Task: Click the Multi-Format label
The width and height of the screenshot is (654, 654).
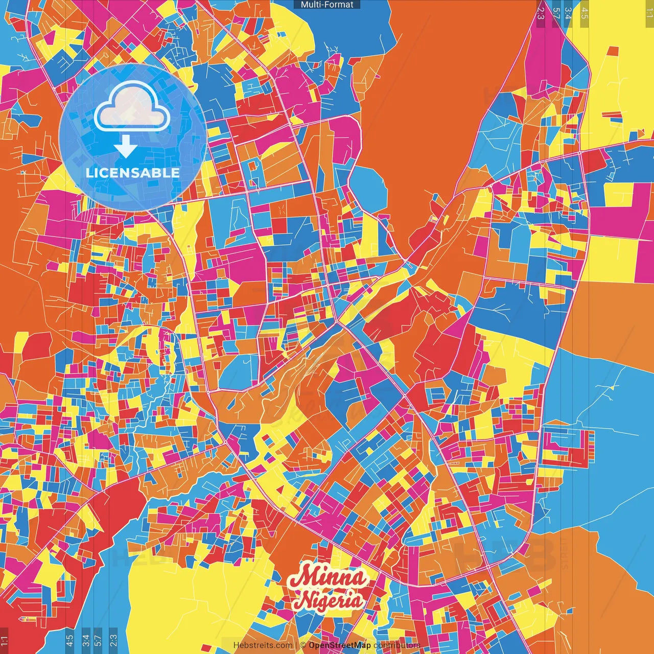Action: pyautogui.click(x=327, y=5)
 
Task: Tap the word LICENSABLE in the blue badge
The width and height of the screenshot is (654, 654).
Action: pyautogui.click(x=132, y=173)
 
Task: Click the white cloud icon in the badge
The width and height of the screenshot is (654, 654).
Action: pyautogui.click(x=132, y=108)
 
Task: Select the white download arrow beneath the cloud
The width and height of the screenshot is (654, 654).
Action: pyautogui.click(x=125, y=147)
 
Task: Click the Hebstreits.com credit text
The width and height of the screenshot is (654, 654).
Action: pyautogui.click(x=263, y=645)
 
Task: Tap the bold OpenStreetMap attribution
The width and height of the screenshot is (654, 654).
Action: pyautogui.click(x=340, y=645)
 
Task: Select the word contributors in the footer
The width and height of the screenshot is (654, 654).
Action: pyautogui.click(x=397, y=645)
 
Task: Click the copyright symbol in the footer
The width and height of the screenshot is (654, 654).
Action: pyautogui.click(x=303, y=645)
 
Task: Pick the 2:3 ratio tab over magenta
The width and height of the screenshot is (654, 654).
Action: pyautogui.click(x=541, y=13)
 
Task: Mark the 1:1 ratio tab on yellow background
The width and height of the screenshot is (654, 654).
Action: pyautogui.click(x=649, y=13)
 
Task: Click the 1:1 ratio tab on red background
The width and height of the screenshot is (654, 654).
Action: pyautogui.click(x=5, y=641)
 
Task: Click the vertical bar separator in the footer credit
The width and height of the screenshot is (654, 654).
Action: pyautogui.click(x=296, y=645)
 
